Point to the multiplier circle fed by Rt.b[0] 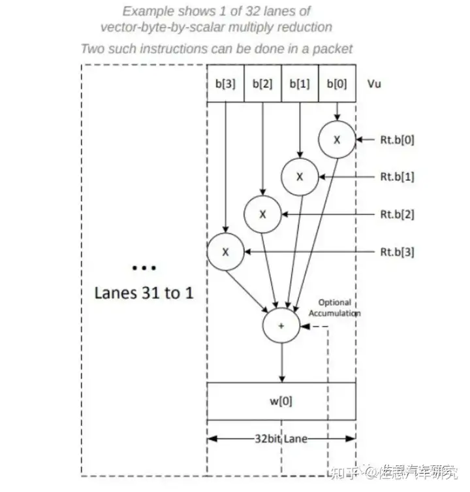coord(337,139)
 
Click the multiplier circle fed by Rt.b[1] coord(300,176)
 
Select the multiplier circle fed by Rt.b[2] coord(262,214)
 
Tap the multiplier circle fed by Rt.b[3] coord(225,252)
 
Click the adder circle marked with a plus coord(281,325)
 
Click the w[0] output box coord(281,401)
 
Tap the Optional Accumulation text coord(334,308)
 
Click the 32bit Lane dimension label coord(281,439)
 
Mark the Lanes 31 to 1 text coord(144,292)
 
